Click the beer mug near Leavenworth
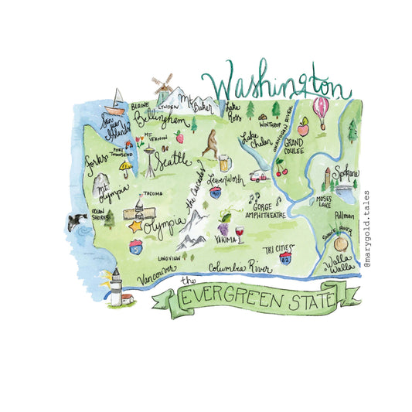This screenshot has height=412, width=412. tap(223, 163)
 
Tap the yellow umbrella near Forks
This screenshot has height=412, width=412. tap(123, 167)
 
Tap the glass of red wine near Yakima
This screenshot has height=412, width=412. tap(240, 232)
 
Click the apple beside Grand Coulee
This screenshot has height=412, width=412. tap(303, 124)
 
